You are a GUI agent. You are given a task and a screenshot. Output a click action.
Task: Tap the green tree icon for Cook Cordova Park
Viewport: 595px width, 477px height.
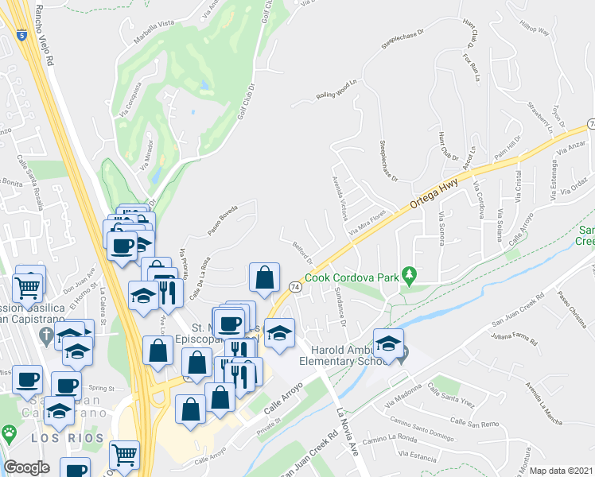[x=410, y=277]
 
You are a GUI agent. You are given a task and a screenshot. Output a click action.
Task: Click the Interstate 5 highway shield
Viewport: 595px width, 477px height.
[x=20, y=34]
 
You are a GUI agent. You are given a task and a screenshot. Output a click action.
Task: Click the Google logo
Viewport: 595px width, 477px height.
[x=26, y=467]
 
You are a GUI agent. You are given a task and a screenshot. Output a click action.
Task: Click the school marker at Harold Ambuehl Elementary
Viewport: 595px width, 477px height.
[x=388, y=344]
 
